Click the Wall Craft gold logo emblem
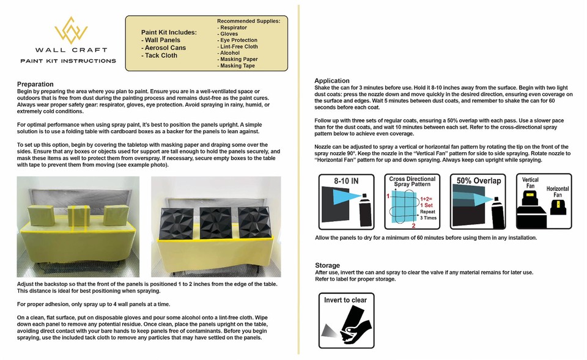coord(67,30)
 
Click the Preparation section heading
coord(35,84)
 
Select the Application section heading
coord(332,81)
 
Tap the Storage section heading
coord(327,265)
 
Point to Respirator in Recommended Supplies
coord(234,28)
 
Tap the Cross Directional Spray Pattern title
coord(412,182)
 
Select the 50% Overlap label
coord(479,181)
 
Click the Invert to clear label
coord(345,300)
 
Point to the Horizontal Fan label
coord(557,192)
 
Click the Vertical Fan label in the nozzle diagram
coord(530,183)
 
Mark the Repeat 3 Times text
coord(427,214)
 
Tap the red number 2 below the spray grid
coord(413,226)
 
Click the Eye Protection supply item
coord(239,40)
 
